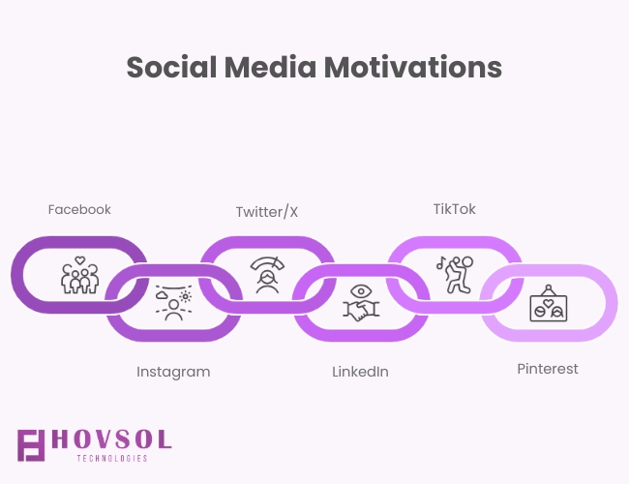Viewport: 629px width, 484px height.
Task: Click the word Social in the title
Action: [171, 67]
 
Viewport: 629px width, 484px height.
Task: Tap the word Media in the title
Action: [270, 67]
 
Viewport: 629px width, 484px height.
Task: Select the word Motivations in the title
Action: [413, 67]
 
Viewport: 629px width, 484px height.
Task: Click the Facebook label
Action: [79, 209]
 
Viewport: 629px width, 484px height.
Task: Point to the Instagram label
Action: [173, 372]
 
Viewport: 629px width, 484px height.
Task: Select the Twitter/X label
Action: [267, 211]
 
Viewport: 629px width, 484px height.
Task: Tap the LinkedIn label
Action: [360, 372]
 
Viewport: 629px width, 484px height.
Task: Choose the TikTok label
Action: [455, 209]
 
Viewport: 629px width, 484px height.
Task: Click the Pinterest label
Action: [548, 369]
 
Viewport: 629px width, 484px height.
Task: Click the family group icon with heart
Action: [79, 275]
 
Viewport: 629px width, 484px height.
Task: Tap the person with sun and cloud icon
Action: [173, 303]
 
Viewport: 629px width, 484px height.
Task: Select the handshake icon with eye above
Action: [361, 303]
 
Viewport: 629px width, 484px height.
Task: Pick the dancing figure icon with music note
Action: [455, 275]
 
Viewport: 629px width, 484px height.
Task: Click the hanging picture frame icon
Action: [549, 303]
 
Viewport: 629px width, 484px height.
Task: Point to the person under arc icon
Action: [267, 275]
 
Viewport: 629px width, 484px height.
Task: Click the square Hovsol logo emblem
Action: [31, 445]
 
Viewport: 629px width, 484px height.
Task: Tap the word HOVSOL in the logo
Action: [112, 439]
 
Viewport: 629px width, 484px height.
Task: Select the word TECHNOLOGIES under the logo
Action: [112, 458]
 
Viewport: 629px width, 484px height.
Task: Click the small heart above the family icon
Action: [80, 260]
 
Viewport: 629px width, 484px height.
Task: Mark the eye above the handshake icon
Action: [361, 291]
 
